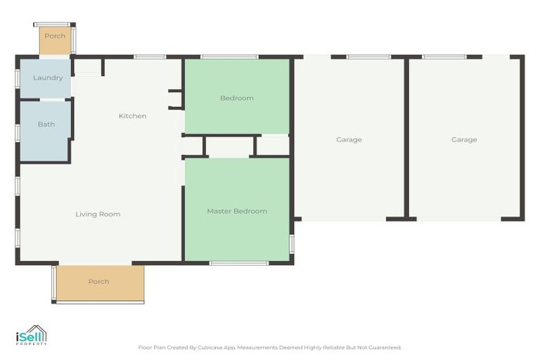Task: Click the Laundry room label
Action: point(48,78)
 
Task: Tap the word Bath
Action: point(46,124)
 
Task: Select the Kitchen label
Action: point(132,116)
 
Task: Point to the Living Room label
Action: point(98,214)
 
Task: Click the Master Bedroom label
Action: point(236,211)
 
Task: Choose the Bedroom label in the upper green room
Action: point(236,98)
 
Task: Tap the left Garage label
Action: point(349,139)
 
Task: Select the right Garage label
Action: point(464,139)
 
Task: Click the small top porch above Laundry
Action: point(55,39)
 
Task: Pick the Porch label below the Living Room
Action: point(98,281)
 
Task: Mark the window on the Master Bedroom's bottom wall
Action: point(239,263)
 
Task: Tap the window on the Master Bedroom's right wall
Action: point(291,243)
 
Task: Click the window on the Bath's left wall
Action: point(18,132)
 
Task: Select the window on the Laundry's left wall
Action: point(18,78)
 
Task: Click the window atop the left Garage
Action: point(368,57)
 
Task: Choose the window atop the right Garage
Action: point(444,57)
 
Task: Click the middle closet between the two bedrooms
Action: point(229,146)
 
